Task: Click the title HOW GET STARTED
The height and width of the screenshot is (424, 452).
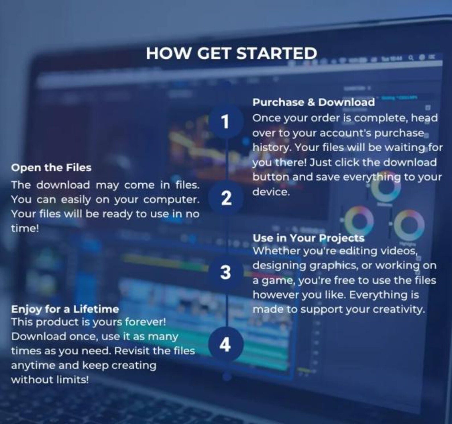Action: [x=231, y=53]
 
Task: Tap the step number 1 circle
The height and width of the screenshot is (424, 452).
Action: [x=226, y=122]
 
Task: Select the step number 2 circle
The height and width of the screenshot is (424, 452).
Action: [x=226, y=198]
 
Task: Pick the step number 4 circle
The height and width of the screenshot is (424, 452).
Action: [x=226, y=344]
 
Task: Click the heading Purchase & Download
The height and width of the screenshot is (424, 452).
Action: [x=314, y=102]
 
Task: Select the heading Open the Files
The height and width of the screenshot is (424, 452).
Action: [x=51, y=167]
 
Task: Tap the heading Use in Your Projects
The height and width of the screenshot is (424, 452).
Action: [x=309, y=238]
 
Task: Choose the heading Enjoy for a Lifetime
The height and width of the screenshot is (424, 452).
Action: [x=65, y=309]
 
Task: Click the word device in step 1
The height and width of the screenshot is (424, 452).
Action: [x=271, y=192]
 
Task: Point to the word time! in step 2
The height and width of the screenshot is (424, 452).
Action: [x=25, y=228]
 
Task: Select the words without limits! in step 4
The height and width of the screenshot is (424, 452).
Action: [x=50, y=380]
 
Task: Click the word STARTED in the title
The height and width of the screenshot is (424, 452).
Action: [x=277, y=53]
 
